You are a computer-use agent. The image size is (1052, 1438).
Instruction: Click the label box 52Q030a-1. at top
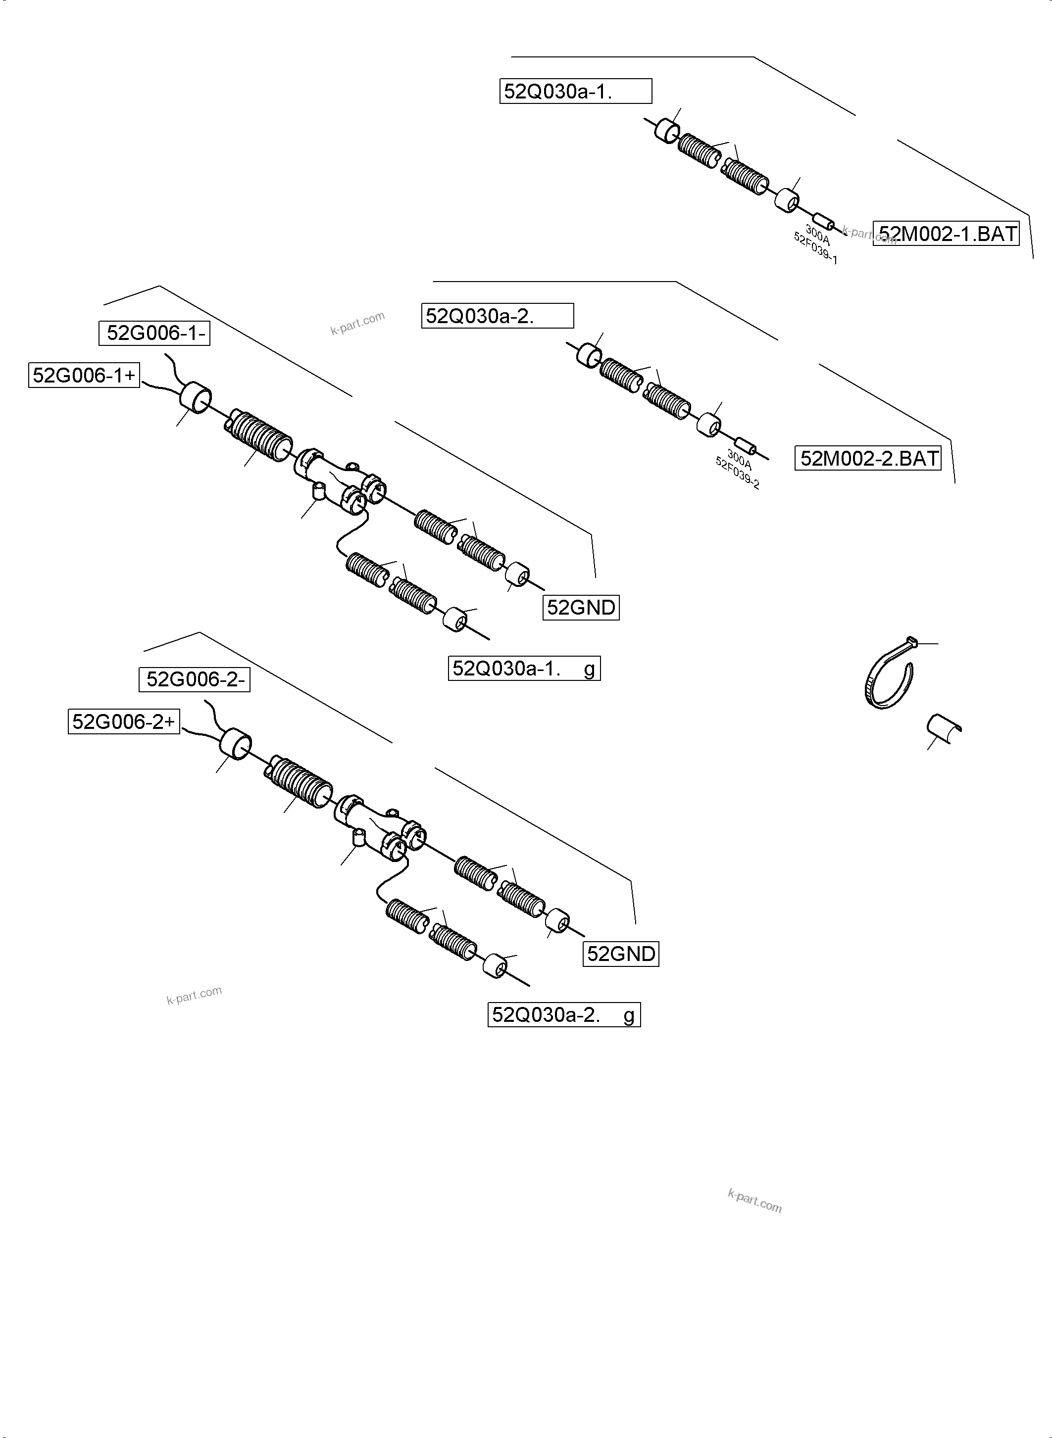coord(575,91)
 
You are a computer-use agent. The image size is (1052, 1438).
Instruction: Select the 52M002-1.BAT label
coord(946,234)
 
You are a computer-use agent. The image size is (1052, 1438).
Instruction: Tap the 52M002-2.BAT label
coord(868,458)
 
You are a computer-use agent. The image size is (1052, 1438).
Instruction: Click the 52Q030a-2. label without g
coord(498,316)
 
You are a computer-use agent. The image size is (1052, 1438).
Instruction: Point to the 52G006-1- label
coord(154,333)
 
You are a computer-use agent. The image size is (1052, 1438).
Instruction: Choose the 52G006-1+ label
coord(84,375)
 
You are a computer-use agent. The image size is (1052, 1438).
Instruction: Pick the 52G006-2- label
coord(194,679)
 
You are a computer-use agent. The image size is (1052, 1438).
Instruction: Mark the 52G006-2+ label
coord(124,722)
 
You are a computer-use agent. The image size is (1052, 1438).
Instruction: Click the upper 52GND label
coord(581,607)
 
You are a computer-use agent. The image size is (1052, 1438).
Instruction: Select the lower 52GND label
coord(621,954)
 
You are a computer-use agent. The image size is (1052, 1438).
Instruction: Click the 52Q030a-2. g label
coord(563,1015)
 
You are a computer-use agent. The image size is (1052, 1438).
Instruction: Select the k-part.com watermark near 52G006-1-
coord(357,323)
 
